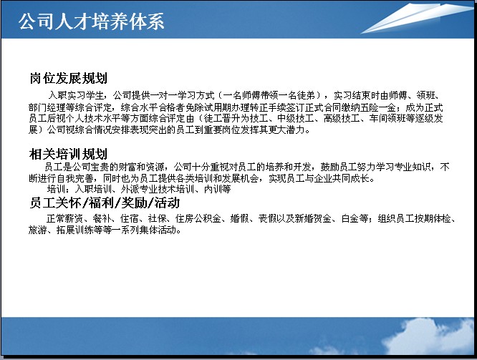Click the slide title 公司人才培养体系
click(x=91, y=21)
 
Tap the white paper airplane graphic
click(x=417, y=18)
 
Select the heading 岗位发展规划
click(x=69, y=78)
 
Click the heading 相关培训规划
click(x=69, y=154)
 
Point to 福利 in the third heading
click(x=102, y=203)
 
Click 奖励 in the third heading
click(x=135, y=203)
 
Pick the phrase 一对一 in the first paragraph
click(x=164, y=96)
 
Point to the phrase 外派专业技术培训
click(x=158, y=189)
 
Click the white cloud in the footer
click(x=426, y=336)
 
